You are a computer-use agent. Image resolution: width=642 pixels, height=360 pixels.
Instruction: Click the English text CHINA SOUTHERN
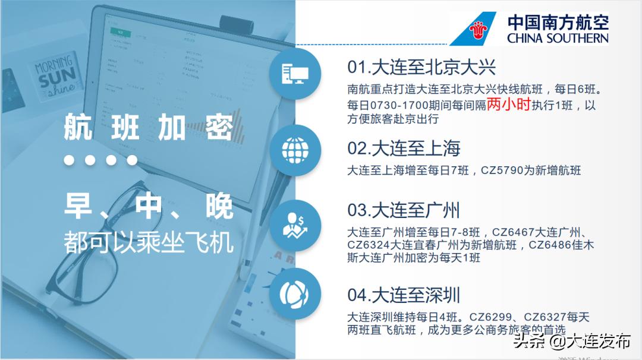(x=558, y=38)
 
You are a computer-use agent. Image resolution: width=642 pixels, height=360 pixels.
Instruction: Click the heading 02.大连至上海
(x=404, y=148)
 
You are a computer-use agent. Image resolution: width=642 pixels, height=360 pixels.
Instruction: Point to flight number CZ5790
(x=506, y=170)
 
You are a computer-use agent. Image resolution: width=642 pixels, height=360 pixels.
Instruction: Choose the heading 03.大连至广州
(x=404, y=210)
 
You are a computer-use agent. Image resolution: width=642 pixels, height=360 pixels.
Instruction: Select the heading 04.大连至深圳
(x=404, y=295)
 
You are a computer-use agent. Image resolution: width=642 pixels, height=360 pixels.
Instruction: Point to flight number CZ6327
(x=547, y=317)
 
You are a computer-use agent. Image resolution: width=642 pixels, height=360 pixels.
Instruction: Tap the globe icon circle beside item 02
(x=295, y=146)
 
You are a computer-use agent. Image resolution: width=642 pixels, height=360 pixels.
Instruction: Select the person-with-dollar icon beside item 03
(x=295, y=225)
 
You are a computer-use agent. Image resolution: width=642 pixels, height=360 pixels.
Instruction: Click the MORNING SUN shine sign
(x=55, y=74)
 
